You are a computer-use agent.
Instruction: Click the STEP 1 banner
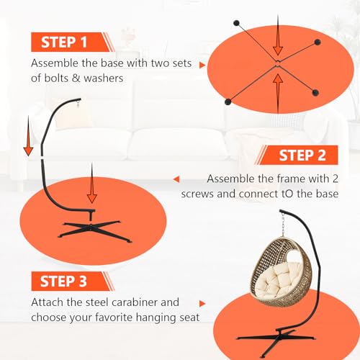[x=72, y=42]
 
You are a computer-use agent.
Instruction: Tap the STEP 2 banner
[x=297, y=155]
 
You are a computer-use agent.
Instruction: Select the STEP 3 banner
[x=73, y=282]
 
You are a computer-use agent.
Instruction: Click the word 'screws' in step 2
[x=197, y=194]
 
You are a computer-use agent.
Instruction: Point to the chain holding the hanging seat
[x=284, y=225]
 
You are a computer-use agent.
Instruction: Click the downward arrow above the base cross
[x=278, y=35]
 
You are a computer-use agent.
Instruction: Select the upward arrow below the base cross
[x=278, y=93]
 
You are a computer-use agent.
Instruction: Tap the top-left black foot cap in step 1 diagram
[x=236, y=23]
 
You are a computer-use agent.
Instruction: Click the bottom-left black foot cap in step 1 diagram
[x=228, y=102]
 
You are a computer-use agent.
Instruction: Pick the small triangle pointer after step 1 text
[x=202, y=65]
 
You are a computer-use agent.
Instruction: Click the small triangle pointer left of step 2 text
[x=176, y=179]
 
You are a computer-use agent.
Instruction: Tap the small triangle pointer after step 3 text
[x=202, y=304]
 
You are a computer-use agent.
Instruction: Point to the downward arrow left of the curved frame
[x=28, y=136]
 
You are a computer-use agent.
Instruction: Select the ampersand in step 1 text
[x=76, y=78]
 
